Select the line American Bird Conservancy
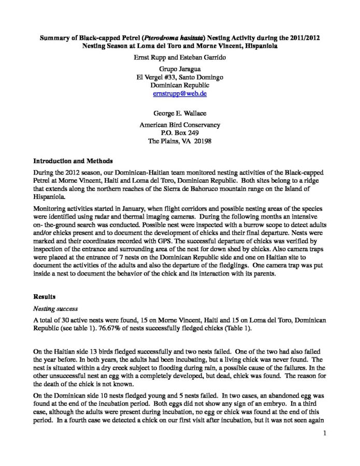click(x=179, y=125)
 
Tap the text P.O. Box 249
click(x=179, y=133)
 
